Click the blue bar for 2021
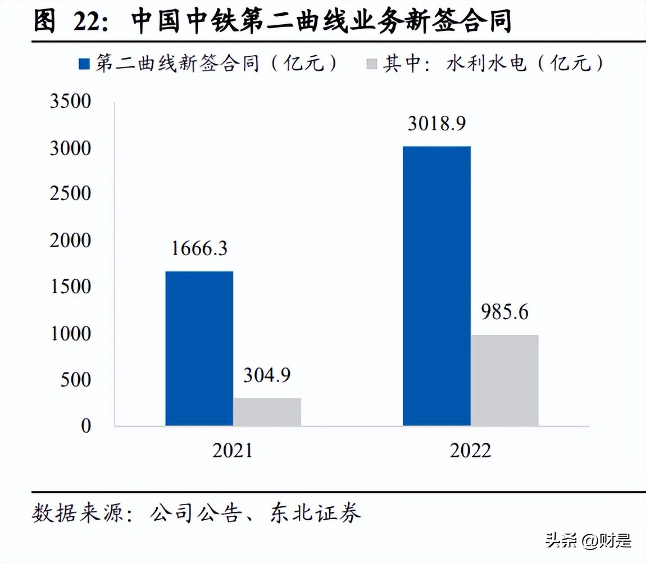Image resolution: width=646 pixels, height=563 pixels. tap(199, 348)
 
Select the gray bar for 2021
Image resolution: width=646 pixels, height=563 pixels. tap(267, 412)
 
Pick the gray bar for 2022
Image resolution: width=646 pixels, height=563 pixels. tap(504, 380)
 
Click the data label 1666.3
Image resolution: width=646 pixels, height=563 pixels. tap(199, 248)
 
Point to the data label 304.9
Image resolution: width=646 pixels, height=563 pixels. tap(267, 375)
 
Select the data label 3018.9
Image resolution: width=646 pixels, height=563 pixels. tap(436, 124)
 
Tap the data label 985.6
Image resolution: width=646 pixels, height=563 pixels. tap(504, 312)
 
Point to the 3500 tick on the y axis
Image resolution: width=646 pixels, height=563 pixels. tap(70, 102)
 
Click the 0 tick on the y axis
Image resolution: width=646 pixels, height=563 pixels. tap(85, 426)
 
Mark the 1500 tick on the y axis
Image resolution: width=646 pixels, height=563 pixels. tap(70, 287)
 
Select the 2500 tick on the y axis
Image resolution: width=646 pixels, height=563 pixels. tap(70, 194)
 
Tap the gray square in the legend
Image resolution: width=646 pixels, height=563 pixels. tap(371, 64)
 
